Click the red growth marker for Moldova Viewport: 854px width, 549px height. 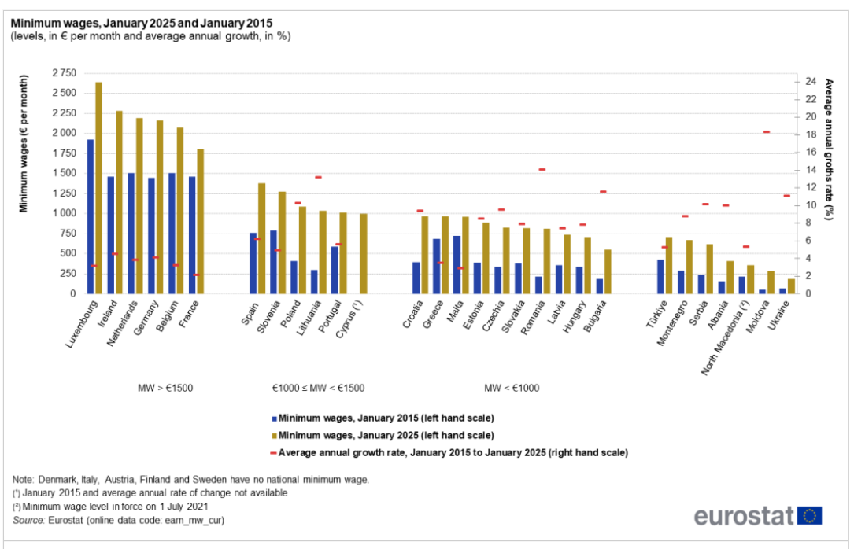(x=766, y=132)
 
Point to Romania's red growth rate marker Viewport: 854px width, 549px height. (x=542, y=170)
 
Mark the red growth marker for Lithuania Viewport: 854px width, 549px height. (x=318, y=178)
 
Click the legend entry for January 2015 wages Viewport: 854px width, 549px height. (x=386, y=418)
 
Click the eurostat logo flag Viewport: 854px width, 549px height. (x=810, y=515)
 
